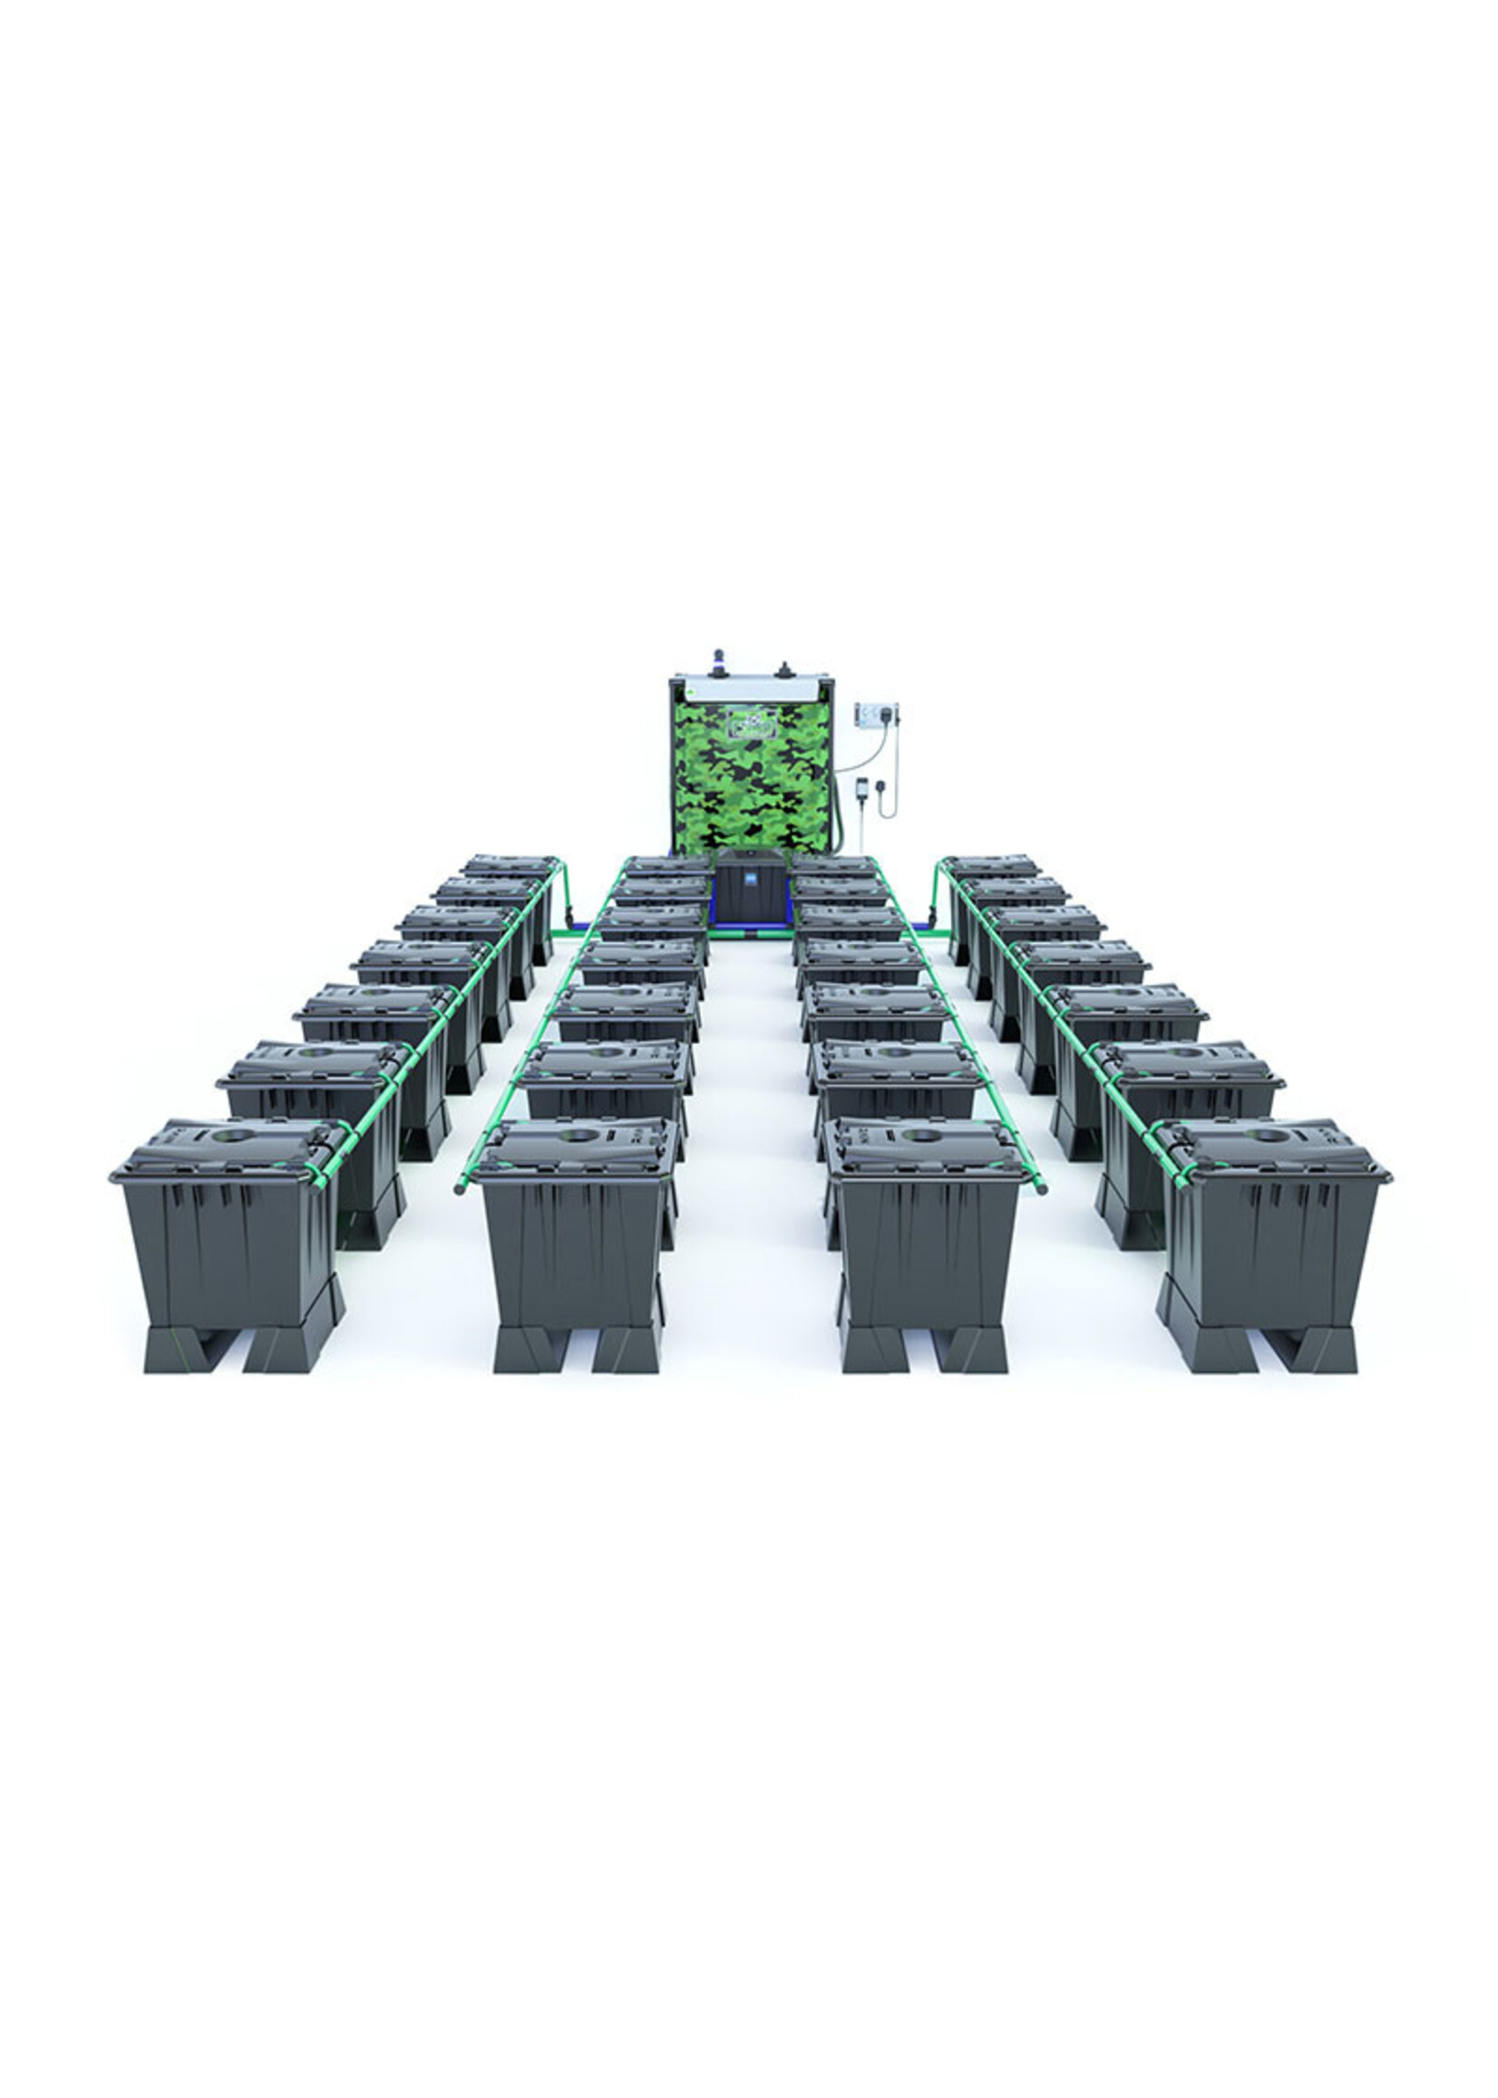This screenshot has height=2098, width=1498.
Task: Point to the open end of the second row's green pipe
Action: [x=459, y=1189]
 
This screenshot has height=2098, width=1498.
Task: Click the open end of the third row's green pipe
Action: [x=1042, y=1189]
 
